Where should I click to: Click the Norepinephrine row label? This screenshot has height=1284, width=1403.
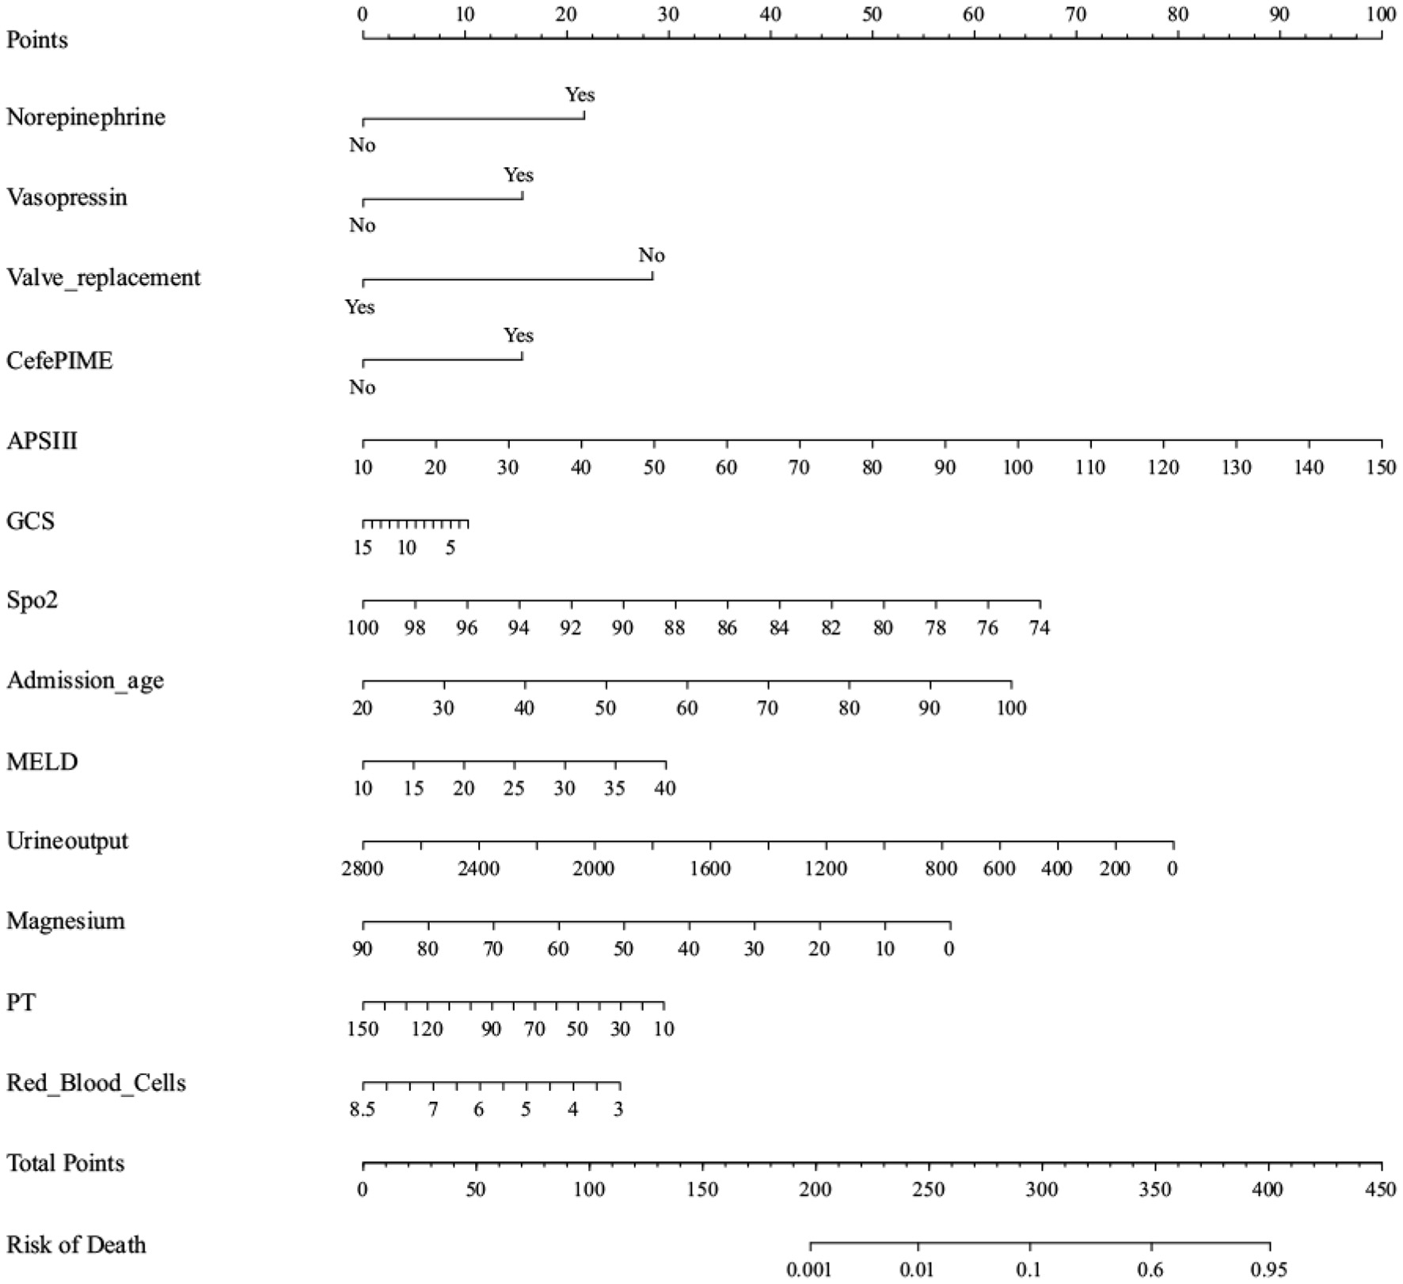point(86,117)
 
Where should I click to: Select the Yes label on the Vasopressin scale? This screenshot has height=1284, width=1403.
point(519,175)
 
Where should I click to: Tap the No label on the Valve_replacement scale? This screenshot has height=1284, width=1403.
point(652,255)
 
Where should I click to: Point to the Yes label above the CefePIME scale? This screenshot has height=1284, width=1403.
point(519,335)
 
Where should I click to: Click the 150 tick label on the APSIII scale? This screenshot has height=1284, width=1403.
point(1381,467)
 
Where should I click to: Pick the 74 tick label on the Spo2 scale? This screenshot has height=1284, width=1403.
point(1039,628)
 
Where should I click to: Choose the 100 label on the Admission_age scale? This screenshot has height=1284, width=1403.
point(1011,707)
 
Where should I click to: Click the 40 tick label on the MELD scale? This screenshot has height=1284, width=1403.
point(665,788)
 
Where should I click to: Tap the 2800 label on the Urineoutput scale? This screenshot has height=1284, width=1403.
point(363,868)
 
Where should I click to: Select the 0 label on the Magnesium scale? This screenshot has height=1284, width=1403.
point(949,948)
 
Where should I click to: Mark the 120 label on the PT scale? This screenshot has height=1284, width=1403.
point(427,1029)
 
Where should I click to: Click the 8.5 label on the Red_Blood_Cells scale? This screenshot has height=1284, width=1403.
point(363,1109)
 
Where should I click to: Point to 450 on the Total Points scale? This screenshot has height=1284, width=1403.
point(1381,1190)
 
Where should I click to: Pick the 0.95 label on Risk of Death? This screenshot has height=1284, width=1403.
point(1268,1270)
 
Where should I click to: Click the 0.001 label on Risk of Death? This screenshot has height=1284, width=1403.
point(809,1270)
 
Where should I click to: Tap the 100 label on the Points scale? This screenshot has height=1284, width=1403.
point(1381,14)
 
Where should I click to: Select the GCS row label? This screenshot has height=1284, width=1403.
point(30,520)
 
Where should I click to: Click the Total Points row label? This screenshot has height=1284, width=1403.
point(66,1163)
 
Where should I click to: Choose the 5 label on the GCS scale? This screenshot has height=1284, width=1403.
point(450,547)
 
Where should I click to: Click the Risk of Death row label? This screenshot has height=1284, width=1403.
point(76,1244)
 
